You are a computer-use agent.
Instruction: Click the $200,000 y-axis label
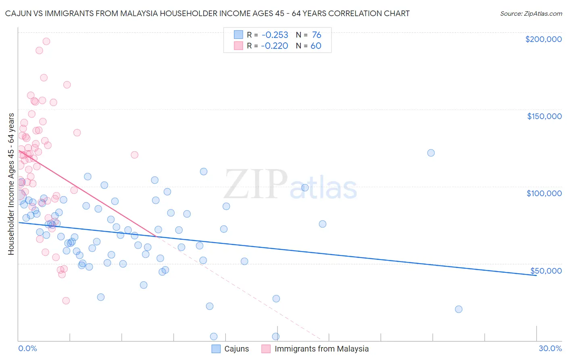[543, 39]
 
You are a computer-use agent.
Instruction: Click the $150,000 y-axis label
[544, 116]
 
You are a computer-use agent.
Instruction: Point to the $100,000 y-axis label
[544, 193]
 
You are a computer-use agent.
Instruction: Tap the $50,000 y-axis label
[546, 270]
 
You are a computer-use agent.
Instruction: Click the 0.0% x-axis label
[27, 348]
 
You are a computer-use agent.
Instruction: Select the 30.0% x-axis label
[550, 348]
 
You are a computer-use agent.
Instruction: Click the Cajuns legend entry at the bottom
[231, 349]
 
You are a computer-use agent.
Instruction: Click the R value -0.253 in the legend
[274, 35]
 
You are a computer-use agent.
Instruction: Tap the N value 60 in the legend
[316, 46]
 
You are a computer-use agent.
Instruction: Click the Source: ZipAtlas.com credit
[531, 14]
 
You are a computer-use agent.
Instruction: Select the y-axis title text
[11, 184]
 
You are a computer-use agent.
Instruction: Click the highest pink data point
[46, 41]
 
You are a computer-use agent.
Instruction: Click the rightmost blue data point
[459, 309]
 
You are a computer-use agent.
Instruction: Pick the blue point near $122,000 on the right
[431, 153]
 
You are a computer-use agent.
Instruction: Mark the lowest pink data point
[66, 301]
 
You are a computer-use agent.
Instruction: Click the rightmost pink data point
[135, 155]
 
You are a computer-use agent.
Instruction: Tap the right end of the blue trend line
[536, 275]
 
